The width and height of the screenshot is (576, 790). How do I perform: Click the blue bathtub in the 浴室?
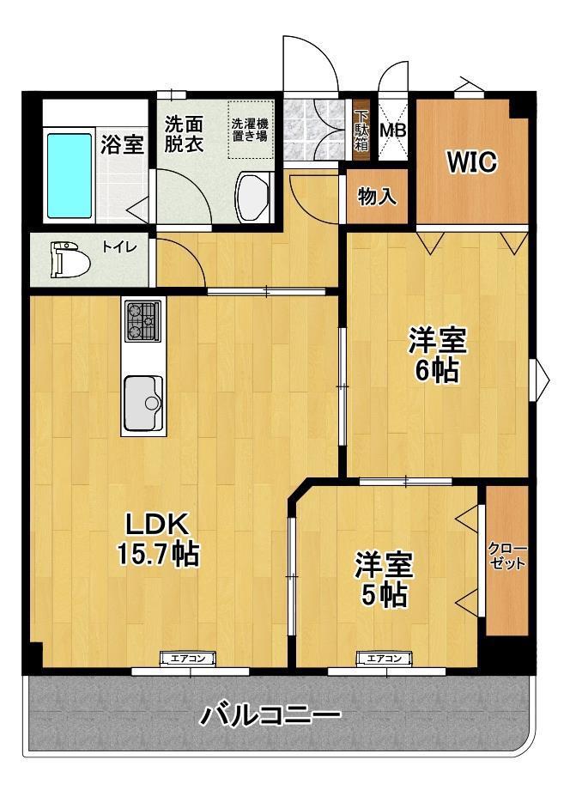[70, 175]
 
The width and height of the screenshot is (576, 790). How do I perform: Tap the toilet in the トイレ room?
[70, 259]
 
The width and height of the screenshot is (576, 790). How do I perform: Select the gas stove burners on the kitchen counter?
[143, 320]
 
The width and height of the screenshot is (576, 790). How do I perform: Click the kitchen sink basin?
[143, 402]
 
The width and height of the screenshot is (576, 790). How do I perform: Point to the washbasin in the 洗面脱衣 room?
[253, 197]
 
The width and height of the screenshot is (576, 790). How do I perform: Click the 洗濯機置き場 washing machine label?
[250, 130]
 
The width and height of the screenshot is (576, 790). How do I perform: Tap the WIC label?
[472, 161]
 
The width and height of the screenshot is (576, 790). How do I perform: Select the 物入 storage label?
[377, 196]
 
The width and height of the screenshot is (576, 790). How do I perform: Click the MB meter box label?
[393, 131]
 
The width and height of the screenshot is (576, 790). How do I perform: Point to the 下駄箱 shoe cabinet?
[361, 130]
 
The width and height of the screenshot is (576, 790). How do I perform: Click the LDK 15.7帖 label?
[158, 539]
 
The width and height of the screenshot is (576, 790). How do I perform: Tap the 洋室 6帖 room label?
[437, 355]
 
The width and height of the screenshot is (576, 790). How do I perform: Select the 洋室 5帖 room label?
[385, 580]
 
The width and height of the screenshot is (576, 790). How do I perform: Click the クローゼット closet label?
[507, 556]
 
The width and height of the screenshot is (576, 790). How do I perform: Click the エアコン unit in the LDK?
[188, 658]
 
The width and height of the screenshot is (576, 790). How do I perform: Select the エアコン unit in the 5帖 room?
[385, 658]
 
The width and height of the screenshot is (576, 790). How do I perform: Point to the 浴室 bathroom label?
[123, 144]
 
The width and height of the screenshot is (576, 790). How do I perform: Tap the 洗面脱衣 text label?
[185, 133]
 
